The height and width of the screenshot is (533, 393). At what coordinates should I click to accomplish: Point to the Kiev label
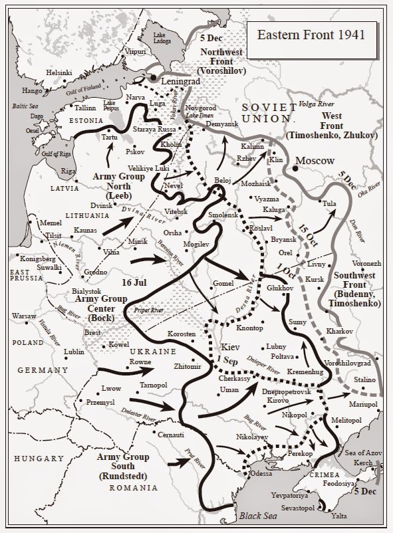pos(229,347)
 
